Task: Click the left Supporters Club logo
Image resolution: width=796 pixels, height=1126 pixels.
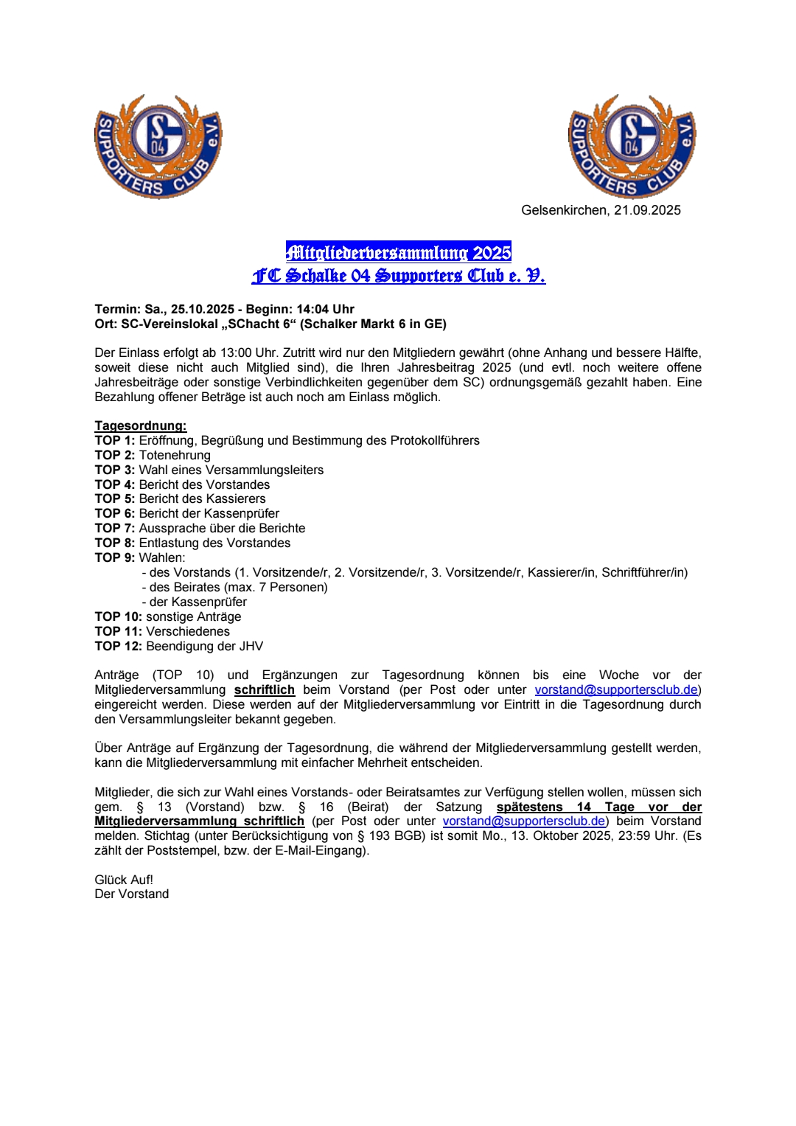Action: pos(158,147)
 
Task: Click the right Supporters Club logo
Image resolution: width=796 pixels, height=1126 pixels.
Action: pos(632,147)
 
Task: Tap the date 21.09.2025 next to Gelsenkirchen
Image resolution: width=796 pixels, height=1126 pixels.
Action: pos(647,210)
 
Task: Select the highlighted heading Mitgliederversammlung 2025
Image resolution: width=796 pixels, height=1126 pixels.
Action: pos(399,253)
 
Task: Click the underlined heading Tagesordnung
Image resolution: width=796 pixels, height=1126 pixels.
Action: pos(141,425)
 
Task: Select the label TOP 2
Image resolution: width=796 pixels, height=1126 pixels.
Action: pos(115,455)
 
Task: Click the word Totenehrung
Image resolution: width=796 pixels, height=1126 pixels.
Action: pos(175,455)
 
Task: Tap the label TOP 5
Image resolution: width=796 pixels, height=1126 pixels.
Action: pos(115,498)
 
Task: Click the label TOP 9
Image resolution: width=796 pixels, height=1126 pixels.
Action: pos(115,557)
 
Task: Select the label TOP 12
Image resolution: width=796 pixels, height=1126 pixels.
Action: pos(118,646)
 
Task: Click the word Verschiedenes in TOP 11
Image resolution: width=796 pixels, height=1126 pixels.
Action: pos(188,631)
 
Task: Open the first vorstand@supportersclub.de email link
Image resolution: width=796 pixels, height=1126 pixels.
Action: pos(616,689)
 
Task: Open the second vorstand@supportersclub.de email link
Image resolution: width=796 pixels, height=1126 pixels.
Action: pos(524,821)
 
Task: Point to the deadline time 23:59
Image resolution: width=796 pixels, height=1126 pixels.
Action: pos(631,835)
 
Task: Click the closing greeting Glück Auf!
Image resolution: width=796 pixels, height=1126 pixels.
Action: pos(124,880)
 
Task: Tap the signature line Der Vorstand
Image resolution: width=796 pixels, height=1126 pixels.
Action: pos(132,894)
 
